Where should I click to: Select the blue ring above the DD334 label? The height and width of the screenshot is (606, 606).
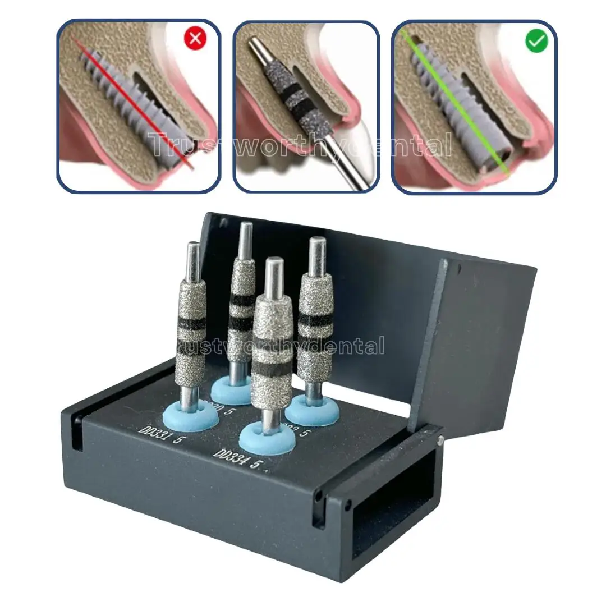267,439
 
